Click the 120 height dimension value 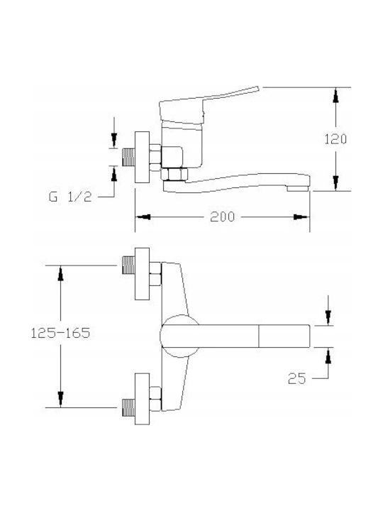[x=335, y=139]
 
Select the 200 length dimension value [x=223, y=216]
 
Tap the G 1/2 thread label [x=70, y=197]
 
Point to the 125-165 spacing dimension [x=60, y=333]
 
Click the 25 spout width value [x=297, y=378]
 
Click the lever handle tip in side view [x=257, y=88]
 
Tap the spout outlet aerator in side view [x=297, y=188]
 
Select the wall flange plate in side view [x=142, y=157]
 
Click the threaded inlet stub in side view [x=128, y=158]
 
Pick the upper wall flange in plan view [x=142, y=274]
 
